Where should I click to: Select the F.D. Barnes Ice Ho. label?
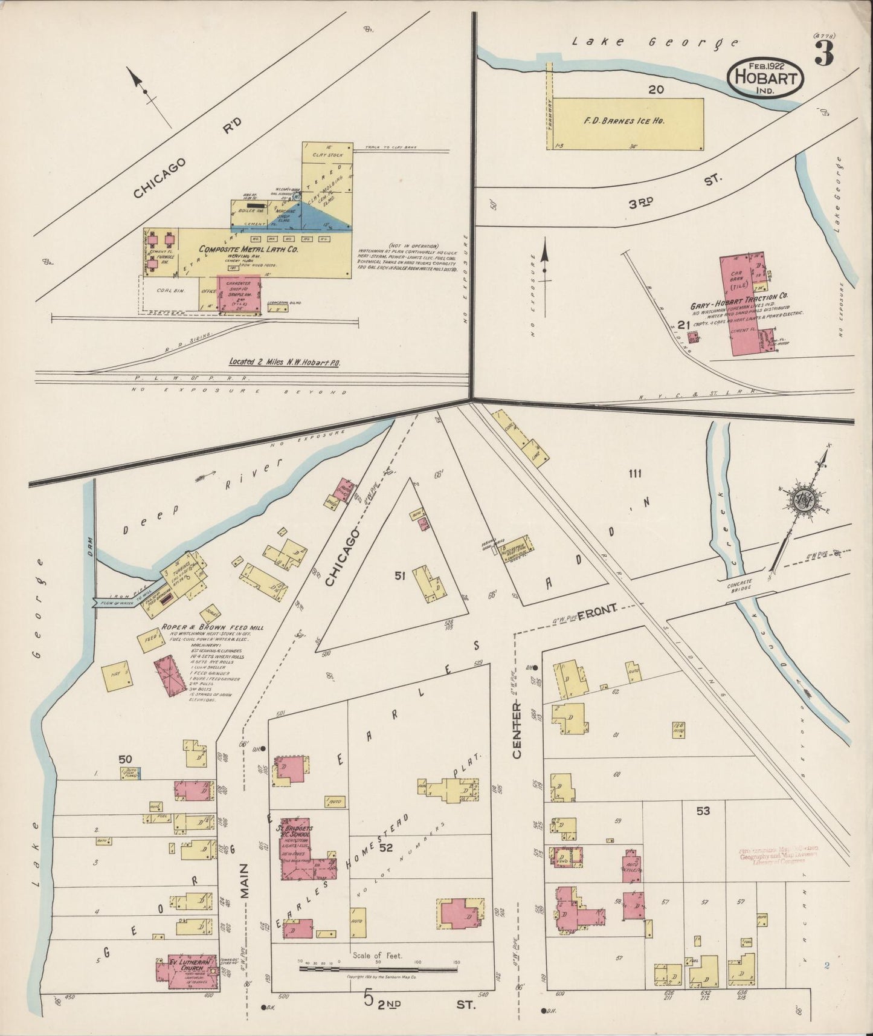tap(624, 121)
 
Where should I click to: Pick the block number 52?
tap(386, 848)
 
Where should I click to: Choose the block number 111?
tap(634, 473)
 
